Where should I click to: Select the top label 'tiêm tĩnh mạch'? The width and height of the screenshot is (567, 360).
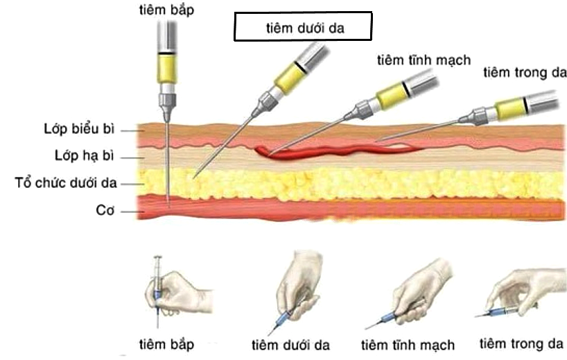(424, 60)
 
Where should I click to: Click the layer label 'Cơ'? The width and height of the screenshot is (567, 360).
(105, 209)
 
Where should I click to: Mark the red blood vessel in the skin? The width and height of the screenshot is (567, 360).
(312, 151)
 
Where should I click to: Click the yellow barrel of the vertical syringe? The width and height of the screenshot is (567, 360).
(168, 69)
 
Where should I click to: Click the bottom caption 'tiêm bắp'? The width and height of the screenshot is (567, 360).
(166, 343)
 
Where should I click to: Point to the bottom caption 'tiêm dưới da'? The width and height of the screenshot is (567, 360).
(290, 345)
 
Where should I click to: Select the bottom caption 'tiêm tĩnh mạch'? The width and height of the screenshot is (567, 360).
(408, 345)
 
